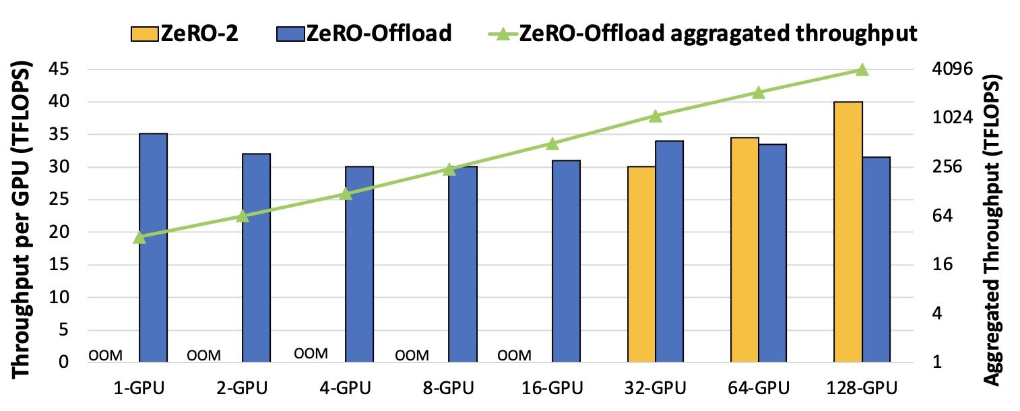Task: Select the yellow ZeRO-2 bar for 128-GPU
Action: (848, 232)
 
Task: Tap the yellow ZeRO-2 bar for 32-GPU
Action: (641, 264)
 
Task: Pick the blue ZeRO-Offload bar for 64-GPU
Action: (772, 253)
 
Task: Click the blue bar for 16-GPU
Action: (566, 261)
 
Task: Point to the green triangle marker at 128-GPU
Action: (862, 70)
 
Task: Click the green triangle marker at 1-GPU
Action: (139, 237)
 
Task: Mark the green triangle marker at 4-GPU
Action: (346, 194)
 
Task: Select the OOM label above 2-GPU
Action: (203, 355)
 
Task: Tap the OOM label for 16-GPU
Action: (514, 355)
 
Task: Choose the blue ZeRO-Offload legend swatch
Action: (290, 33)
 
